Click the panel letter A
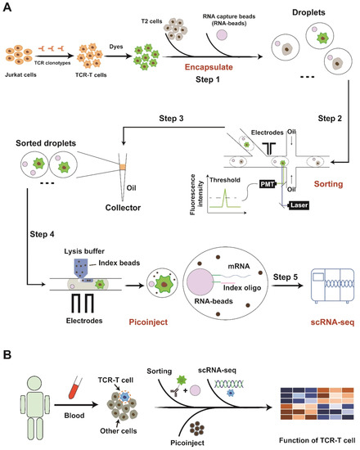coord(8,7)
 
